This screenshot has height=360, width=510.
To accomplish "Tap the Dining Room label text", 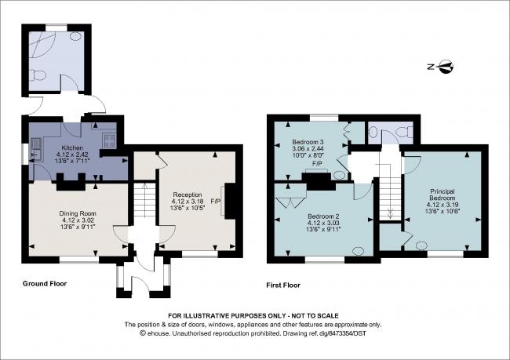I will point(77,213).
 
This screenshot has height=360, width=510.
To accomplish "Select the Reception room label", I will point(188,195).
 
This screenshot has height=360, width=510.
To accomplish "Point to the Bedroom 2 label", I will point(323,216).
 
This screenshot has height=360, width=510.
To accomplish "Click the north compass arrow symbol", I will point(445,66).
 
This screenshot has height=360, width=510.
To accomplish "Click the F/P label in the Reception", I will point(214,201).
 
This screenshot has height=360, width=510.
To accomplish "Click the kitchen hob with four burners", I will point(109,143).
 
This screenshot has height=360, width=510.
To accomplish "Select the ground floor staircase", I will point(143,206).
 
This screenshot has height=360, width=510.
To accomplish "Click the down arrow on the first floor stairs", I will point(390,209).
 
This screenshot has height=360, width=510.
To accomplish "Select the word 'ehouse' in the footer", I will point(158,333).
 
